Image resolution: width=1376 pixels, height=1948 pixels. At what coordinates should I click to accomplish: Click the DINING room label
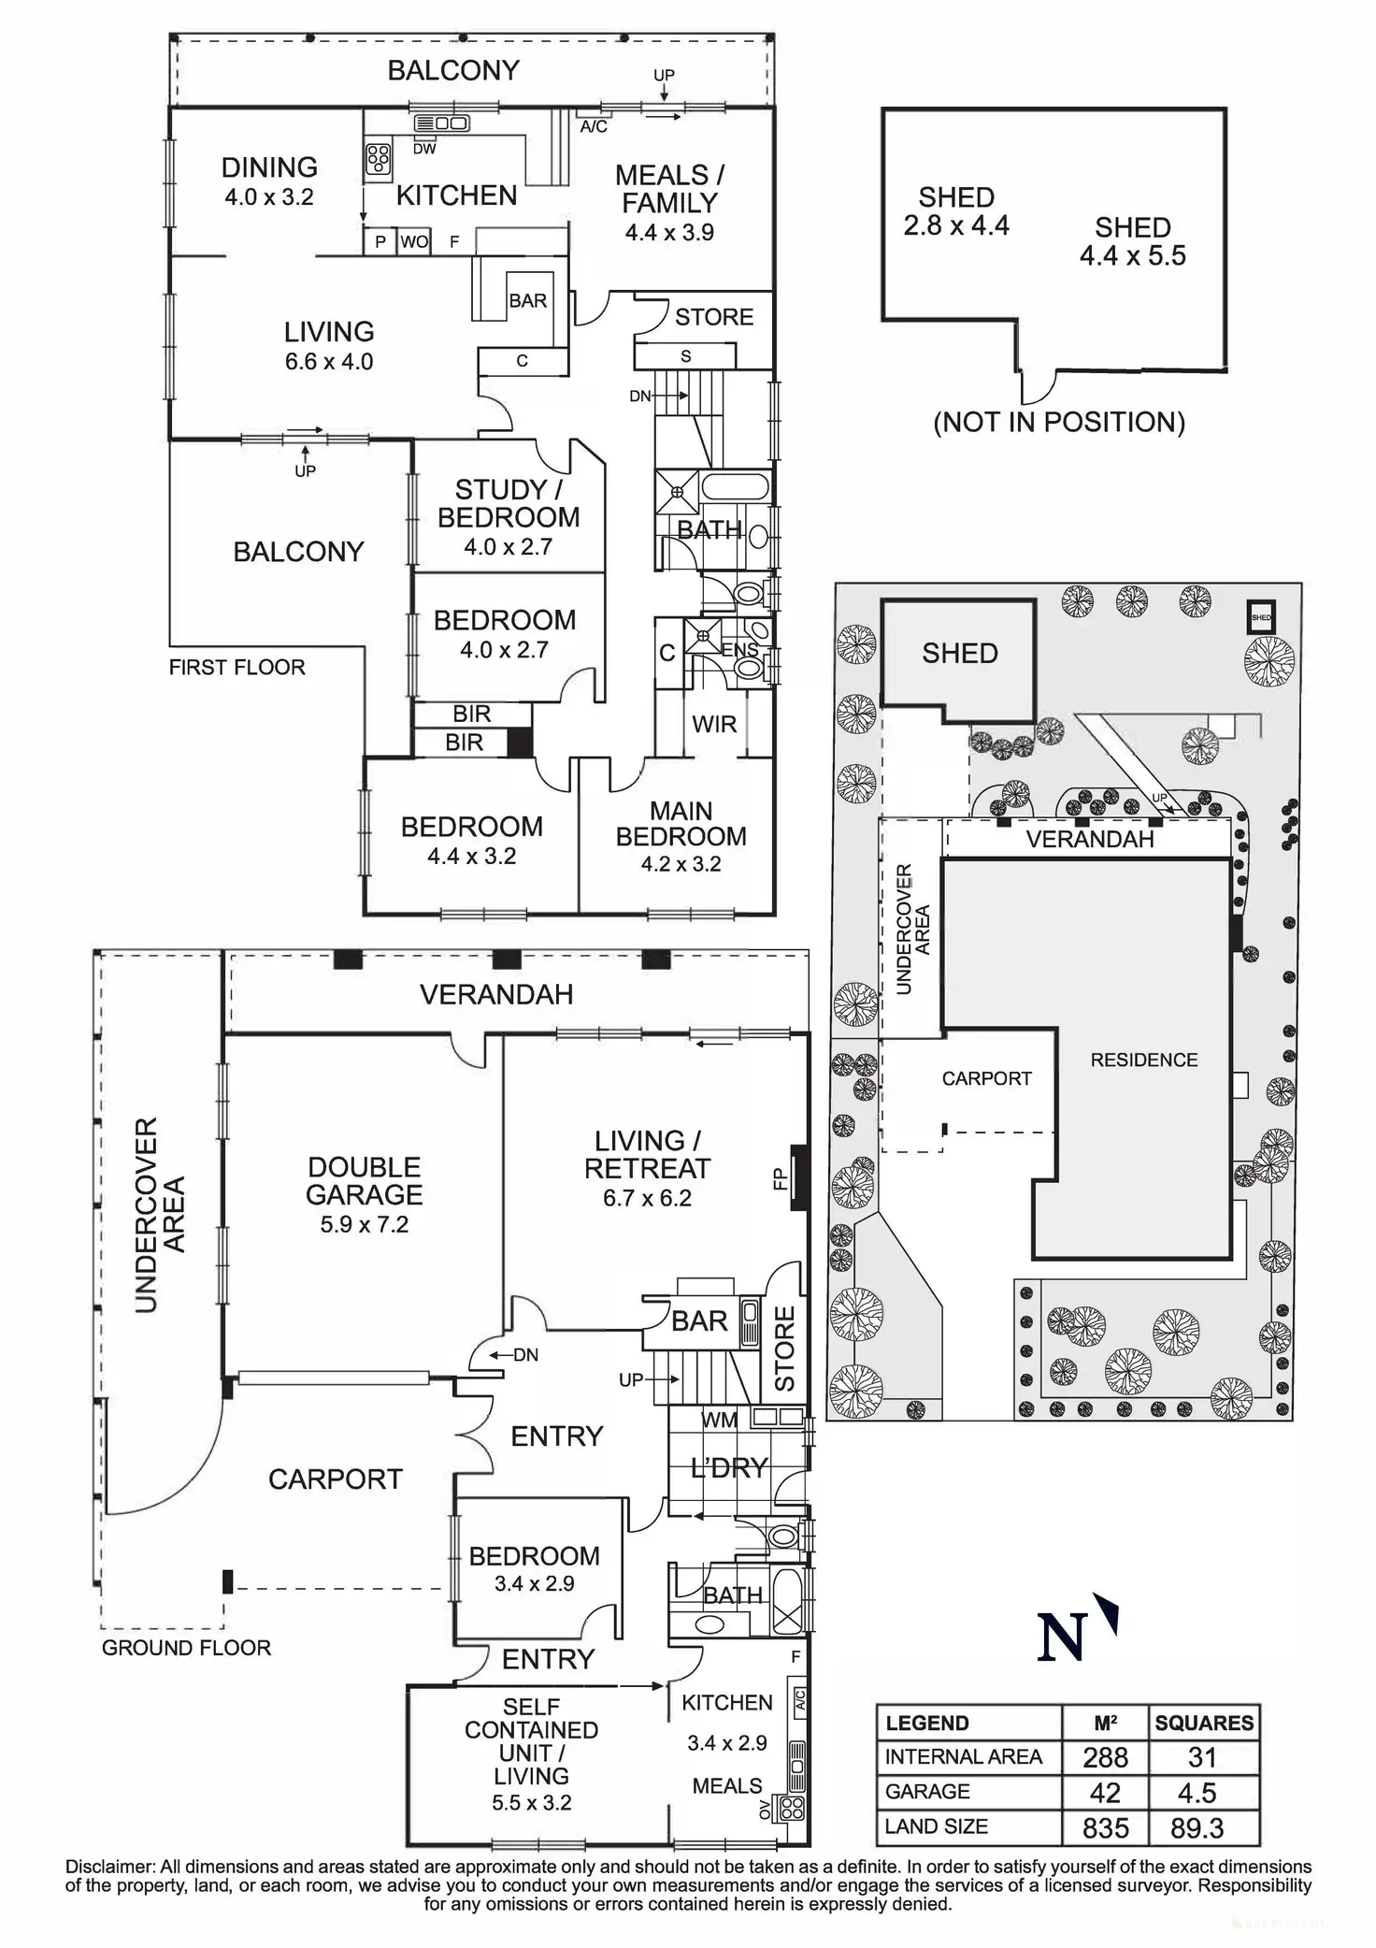tap(269, 167)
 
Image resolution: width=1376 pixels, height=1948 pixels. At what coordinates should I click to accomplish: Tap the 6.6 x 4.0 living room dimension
tap(329, 362)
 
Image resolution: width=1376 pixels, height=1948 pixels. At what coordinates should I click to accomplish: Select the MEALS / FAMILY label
tap(669, 189)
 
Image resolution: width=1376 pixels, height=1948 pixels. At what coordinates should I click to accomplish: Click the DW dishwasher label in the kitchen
tap(424, 149)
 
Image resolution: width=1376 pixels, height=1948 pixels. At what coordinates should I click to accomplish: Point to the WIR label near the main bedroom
tap(714, 724)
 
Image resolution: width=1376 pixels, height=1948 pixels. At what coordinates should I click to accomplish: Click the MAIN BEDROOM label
tap(681, 824)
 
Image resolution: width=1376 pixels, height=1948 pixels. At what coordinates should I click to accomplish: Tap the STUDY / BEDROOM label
tap(508, 503)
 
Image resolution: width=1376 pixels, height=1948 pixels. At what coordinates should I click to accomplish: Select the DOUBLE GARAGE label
tap(364, 1180)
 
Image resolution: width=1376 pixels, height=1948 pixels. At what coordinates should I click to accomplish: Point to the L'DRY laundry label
tap(729, 1468)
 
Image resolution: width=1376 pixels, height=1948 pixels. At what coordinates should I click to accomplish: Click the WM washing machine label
tap(719, 1420)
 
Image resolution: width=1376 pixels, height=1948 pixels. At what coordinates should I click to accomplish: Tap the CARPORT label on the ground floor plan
tap(335, 1479)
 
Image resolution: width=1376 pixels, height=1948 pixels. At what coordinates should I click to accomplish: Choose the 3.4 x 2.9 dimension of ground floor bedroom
tap(534, 1583)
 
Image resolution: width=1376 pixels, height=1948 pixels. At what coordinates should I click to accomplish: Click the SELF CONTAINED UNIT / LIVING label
tap(531, 1753)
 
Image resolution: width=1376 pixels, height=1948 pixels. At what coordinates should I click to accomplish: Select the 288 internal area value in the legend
tap(1105, 1757)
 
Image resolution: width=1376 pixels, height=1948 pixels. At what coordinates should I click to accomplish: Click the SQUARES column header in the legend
tap(1204, 1723)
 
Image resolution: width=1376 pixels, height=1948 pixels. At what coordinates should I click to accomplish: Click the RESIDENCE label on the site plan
tap(1143, 1060)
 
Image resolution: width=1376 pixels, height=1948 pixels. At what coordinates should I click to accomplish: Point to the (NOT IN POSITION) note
tap(1059, 423)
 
